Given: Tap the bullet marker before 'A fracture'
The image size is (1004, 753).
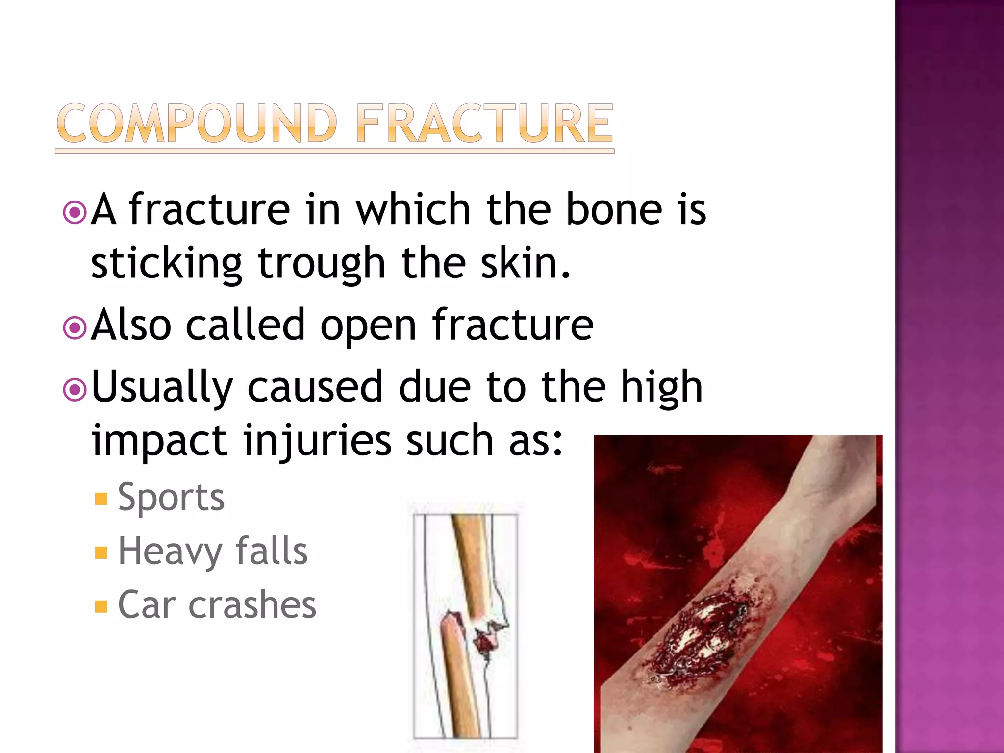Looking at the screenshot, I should pyautogui.click(x=75, y=212).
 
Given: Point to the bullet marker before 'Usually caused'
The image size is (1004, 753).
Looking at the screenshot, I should pyautogui.click(x=75, y=390).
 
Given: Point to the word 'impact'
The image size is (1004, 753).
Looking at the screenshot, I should pyautogui.click(x=159, y=441).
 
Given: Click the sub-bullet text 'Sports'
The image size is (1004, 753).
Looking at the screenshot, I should pyautogui.click(x=171, y=498).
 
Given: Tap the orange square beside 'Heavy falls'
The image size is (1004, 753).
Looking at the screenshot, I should pyautogui.click(x=101, y=553).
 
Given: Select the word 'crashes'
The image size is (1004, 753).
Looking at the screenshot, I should pyautogui.click(x=252, y=605).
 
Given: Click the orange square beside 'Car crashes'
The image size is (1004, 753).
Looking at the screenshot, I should pyautogui.click(x=101, y=606).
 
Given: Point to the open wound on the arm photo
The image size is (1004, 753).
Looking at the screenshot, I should pyautogui.click(x=701, y=637).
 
